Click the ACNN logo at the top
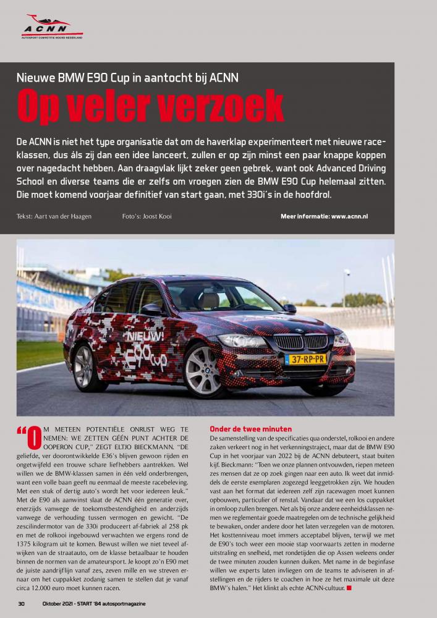coord(51,27)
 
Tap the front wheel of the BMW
coord(203,371)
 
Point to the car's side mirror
coord(289,308)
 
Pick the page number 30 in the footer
coord(21,603)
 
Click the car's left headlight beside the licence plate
coord(242,341)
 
